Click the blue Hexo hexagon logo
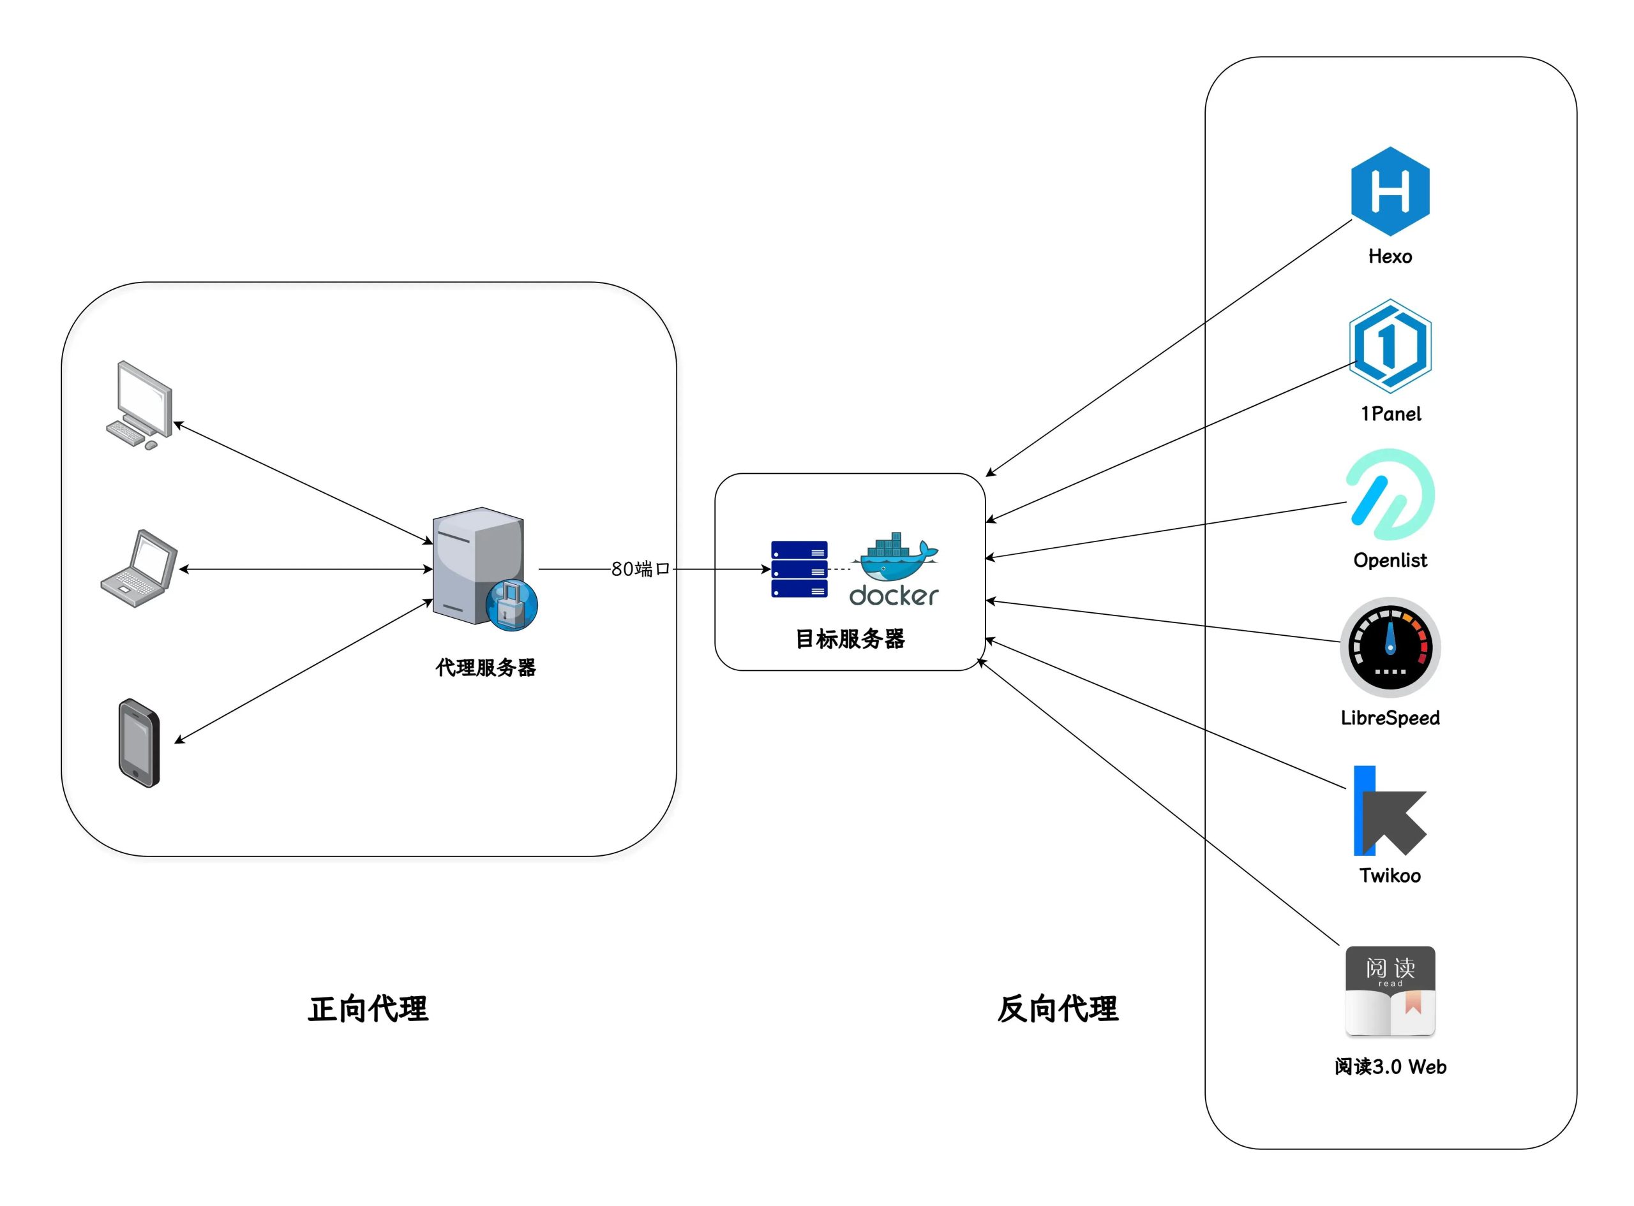coord(1390,191)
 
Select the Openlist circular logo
coord(1390,495)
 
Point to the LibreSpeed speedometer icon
coord(1390,647)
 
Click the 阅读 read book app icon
coord(1390,990)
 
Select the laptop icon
coord(139,569)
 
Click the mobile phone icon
coord(139,743)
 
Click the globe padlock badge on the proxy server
coord(511,605)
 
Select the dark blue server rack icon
coord(799,570)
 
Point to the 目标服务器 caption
coord(850,640)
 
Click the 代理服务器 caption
coord(486,667)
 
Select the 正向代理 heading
coord(368,1009)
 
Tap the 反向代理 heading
coord(1057,1009)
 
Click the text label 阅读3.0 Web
coord(1390,1066)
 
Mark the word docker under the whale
coord(894,596)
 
